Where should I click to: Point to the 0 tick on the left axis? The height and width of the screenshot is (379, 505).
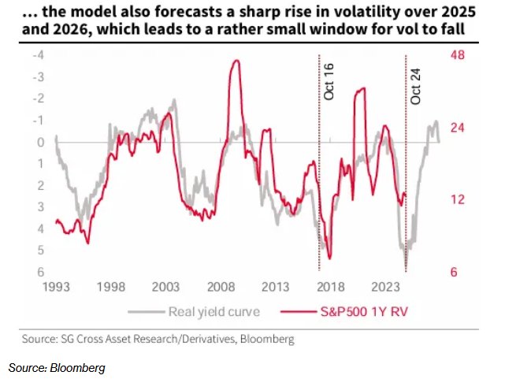tap(40, 142)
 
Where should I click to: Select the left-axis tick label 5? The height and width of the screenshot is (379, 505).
tap(40, 250)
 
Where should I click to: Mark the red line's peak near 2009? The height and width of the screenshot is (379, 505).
tap(235, 61)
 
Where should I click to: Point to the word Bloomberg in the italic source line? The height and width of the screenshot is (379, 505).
tap(80, 368)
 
